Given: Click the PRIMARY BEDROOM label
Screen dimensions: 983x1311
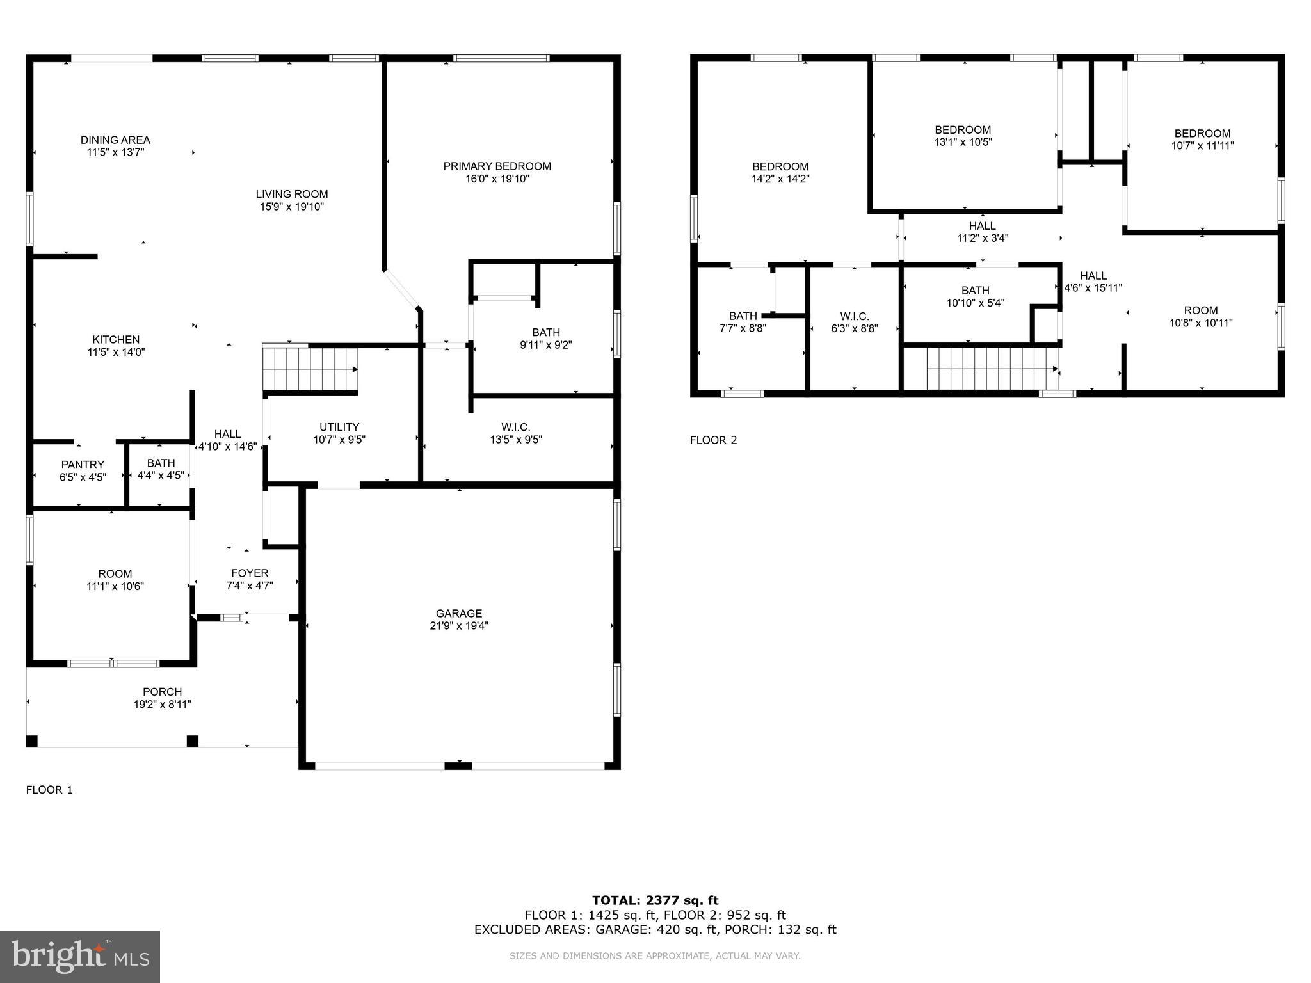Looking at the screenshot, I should (497, 166).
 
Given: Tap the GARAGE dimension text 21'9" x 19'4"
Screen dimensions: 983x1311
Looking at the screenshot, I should (459, 626).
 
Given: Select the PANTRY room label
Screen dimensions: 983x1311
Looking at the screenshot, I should (83, 465).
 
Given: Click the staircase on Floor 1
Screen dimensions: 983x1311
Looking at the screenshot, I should (310, 369).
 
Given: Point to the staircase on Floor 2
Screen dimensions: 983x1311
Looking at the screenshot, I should (991, 369).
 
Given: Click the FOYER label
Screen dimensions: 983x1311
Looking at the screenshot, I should (250, 573).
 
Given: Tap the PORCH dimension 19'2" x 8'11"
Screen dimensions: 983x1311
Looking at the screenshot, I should (163, 705).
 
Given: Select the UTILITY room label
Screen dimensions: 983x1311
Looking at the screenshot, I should (339, 427).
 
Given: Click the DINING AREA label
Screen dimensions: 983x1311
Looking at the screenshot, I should (115, 140).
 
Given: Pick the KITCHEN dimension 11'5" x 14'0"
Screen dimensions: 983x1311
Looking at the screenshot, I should (116, 352).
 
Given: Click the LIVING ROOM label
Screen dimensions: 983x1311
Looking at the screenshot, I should (292, 194).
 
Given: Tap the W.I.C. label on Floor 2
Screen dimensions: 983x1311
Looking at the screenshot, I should (854, 317).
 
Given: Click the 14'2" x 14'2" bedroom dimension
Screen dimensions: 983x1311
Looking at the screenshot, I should (780, 179).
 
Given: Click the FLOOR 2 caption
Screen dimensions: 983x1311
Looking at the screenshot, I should (713, 440).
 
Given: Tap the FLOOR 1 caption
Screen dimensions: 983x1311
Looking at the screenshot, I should (49, 790).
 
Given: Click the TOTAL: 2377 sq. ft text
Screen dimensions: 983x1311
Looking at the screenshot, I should (655, 900).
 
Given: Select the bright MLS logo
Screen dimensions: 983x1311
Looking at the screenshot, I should (80, 956).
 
